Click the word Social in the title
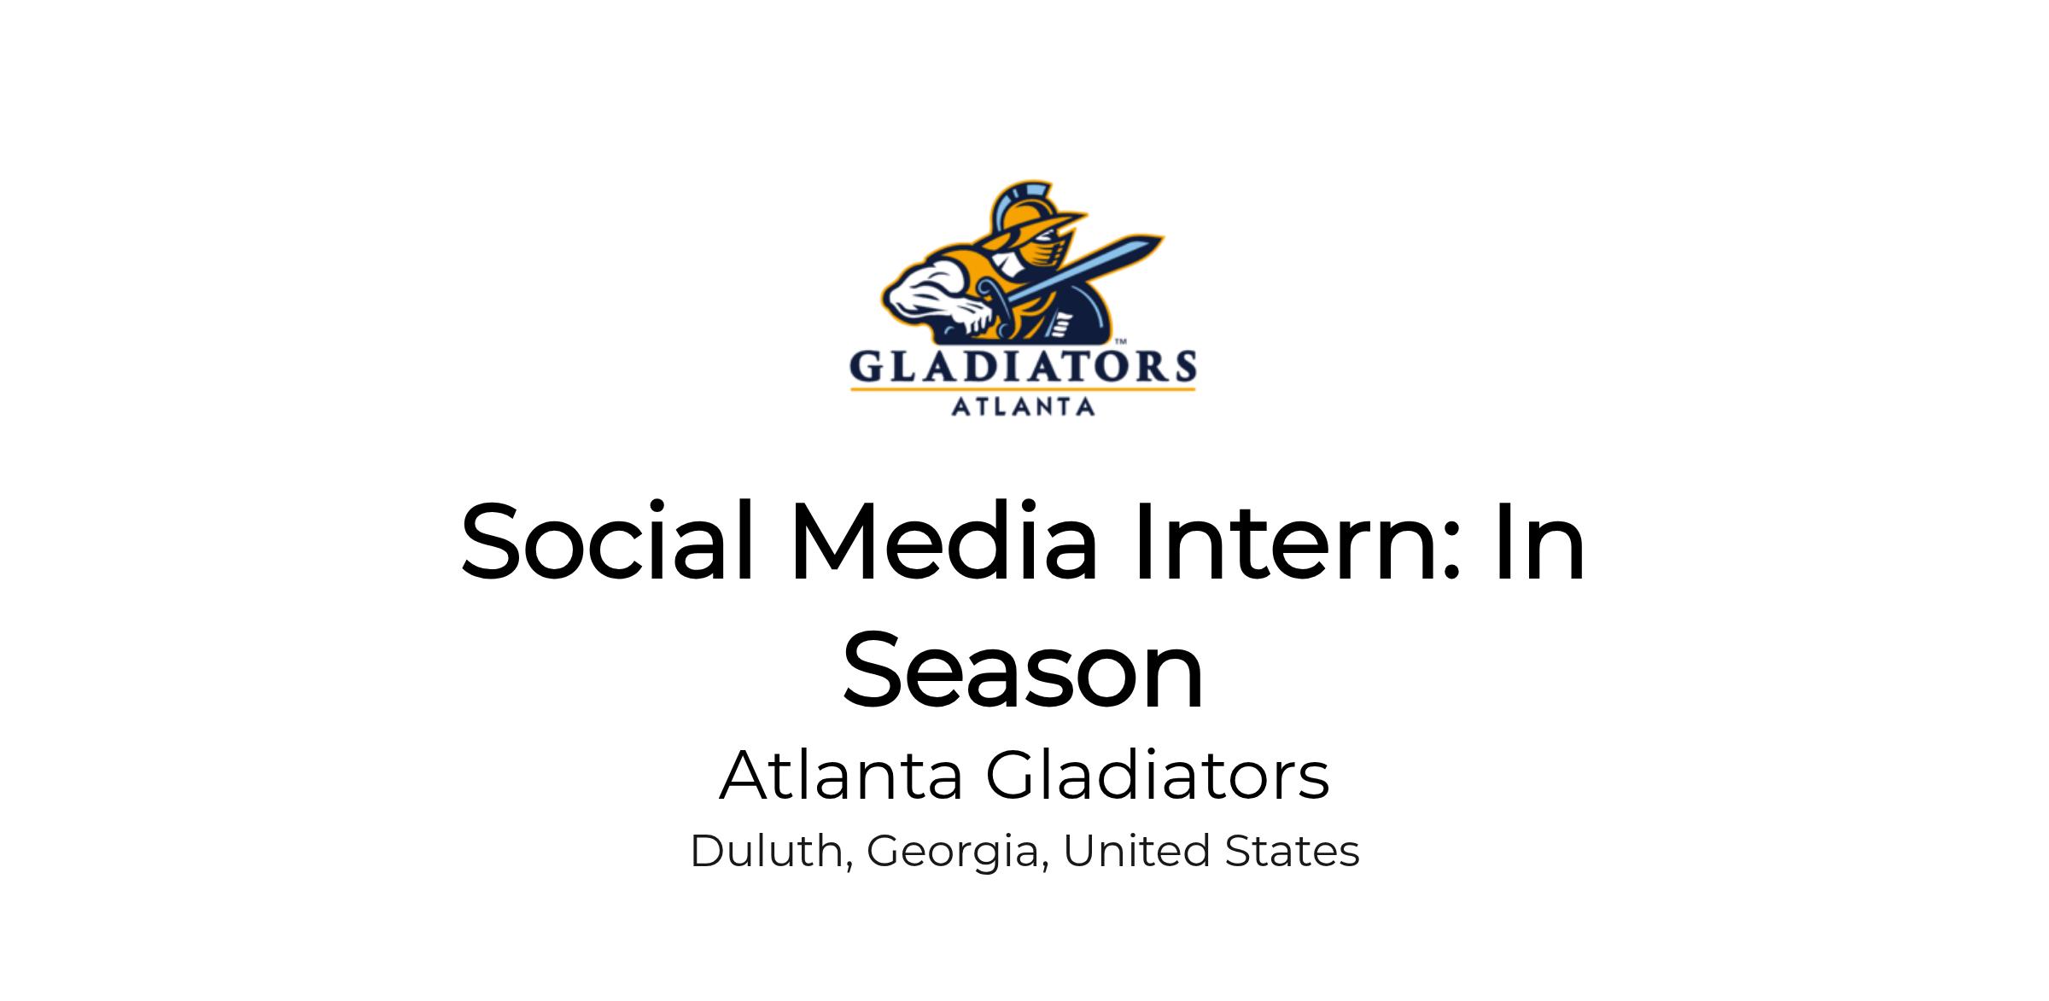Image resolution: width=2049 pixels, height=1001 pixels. [x=608, y=541]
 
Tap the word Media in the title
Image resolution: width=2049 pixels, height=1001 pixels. [x=943, y=541]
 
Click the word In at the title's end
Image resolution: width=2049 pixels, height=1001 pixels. [x=1539, y=541]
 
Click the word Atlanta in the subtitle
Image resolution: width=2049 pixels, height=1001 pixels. [x=841, y=775]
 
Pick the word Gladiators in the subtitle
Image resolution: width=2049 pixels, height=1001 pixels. [x=1158, y=775]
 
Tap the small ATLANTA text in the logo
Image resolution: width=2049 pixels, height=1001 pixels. [x=1023, y=406]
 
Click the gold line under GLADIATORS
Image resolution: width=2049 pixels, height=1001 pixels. [x=1023, y=390]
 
